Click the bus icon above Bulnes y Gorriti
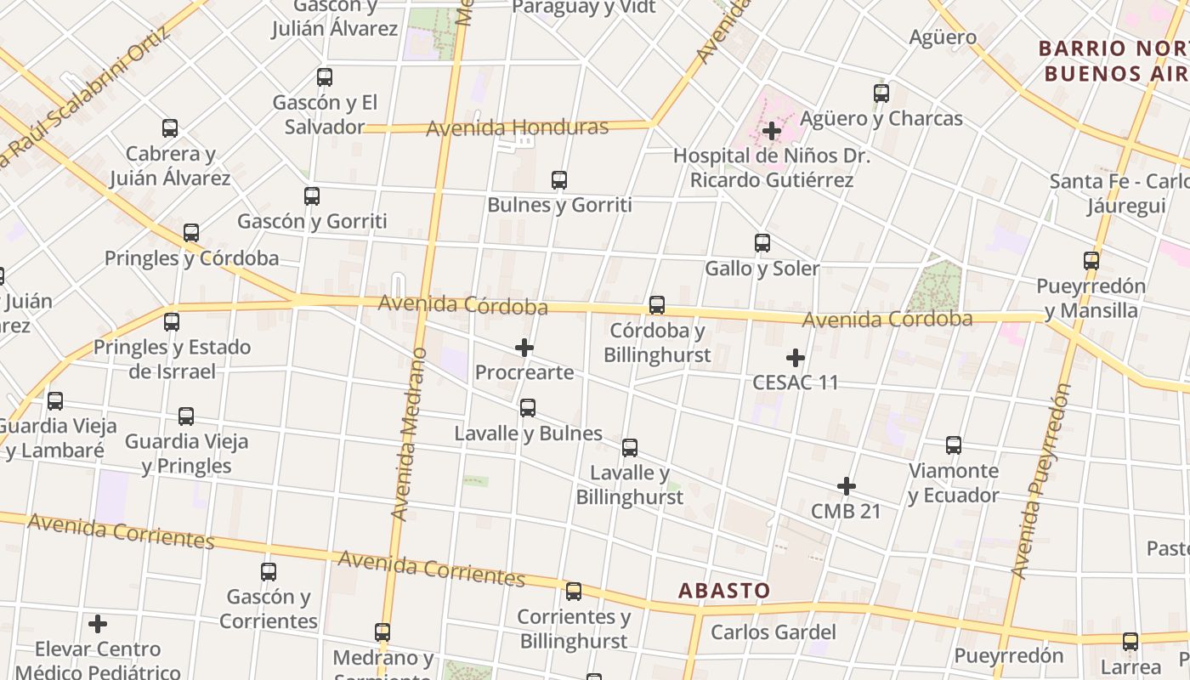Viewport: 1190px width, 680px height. click(x=558, y=180)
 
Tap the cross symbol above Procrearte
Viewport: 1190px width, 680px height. click(x=524, y=348)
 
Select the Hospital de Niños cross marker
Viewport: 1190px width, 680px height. click(x=772, y=131)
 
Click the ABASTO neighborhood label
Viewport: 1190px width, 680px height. click(x=724, y=590)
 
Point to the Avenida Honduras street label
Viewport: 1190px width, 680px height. click(x=517, y=128)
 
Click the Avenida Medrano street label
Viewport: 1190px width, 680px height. click(x=410, y=433)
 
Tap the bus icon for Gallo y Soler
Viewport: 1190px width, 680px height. click(x=762, y=243)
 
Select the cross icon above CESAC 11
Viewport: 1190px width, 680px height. click(x=796, y=358)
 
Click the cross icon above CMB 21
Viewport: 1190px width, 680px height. click(x=846, y=486)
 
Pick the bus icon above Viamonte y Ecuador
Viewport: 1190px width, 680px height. click(x=954, y=445)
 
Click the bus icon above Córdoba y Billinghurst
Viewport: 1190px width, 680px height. click(x=656, y=305)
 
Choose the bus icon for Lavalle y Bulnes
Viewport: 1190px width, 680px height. click(x=528, y=408)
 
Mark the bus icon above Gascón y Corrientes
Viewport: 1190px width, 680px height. click(x=269, y=572)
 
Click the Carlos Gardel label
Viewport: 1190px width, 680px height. click(x=773, y=632)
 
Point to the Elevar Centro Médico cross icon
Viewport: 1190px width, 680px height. click(x=98, y=624)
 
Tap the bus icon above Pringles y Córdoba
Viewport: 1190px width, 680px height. click(x=191, y=233)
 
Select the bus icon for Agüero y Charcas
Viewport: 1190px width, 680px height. click(x=881, y=93)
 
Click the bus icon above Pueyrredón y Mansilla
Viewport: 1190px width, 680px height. click(x=1091, y=261)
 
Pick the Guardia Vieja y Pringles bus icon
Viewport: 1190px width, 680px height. click(x=186, y=416)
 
